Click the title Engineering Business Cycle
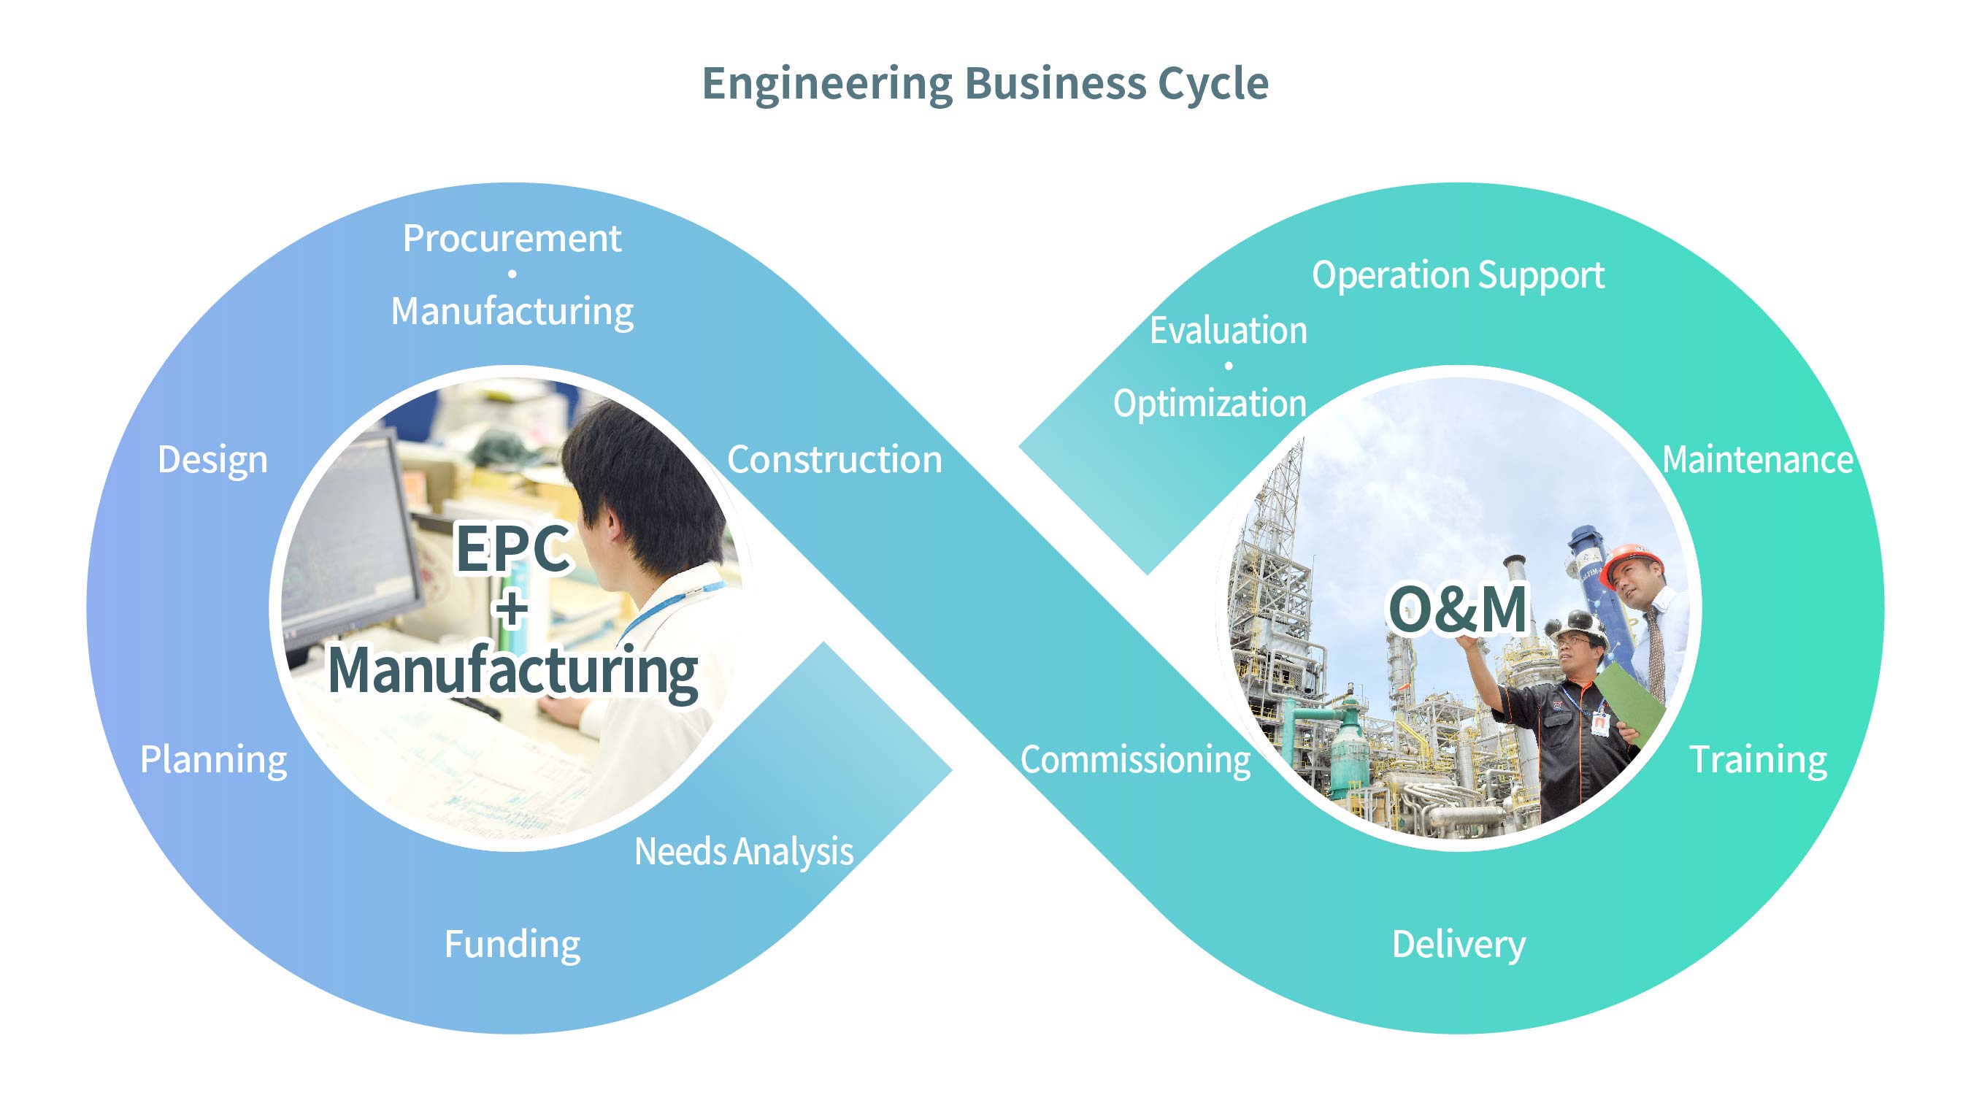985,82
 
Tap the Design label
212,459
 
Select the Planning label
213,759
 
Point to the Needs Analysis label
744,851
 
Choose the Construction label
834,459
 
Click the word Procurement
512,238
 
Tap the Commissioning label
1135,759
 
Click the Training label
1758,759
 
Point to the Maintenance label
1758,459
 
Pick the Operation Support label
1459,274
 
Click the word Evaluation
1228,331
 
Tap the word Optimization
1210,403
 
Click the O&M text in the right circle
1459,609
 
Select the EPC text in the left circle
512,548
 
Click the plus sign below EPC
512,609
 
